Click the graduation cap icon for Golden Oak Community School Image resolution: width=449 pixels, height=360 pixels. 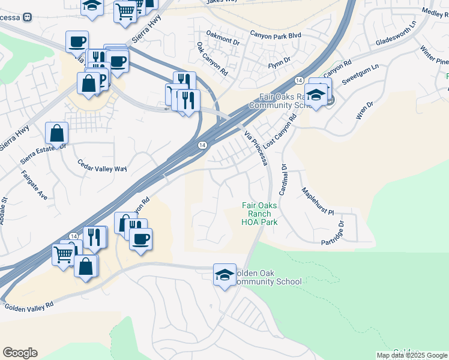[224, 275]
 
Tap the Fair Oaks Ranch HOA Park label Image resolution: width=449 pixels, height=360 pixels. [260, 214]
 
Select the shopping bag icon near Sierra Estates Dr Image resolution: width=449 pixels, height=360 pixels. [56, 133]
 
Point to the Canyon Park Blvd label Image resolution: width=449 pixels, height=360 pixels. [275, 35]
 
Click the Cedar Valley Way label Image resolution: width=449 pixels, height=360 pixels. [103, 166]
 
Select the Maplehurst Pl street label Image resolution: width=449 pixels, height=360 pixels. [318, 203]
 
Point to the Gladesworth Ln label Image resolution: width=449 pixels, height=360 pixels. [396, 35]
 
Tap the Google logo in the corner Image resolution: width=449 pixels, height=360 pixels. [20, 353]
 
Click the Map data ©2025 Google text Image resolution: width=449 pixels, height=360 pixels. [412, 355]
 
